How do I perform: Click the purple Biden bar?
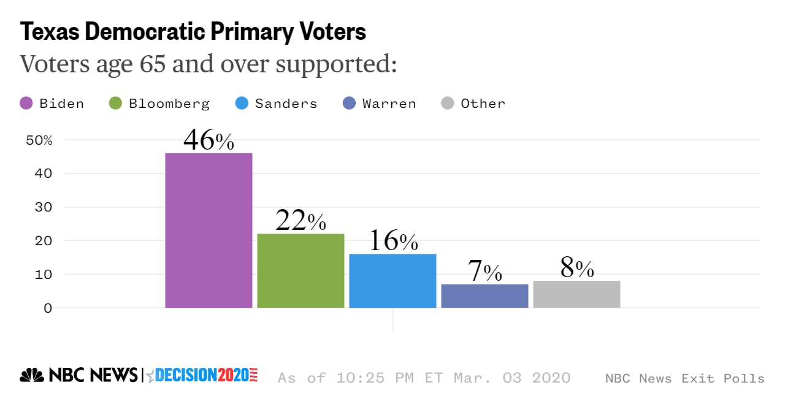209,230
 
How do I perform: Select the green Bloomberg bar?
301,270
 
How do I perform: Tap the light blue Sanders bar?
392,280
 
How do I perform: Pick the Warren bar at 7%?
484,296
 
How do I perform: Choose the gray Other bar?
576,294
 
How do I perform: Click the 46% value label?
209,140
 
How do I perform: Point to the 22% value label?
301,221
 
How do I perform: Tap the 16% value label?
392,242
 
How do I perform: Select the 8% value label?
576,269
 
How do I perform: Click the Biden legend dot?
26,104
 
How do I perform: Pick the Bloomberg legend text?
169,104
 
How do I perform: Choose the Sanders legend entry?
277,104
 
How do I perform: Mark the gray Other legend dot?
448,104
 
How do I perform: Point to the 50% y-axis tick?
39,140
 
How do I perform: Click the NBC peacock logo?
32,375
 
